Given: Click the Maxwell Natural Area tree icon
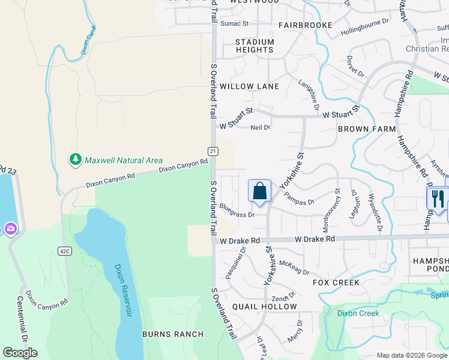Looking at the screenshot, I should point(75,160).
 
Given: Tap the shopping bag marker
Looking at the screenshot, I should point(259,191).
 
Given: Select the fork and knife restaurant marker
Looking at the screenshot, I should point(437,199).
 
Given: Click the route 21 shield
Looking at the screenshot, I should point(213,151).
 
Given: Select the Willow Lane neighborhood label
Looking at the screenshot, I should point(249,86).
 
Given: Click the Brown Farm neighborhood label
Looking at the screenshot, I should point(367,129).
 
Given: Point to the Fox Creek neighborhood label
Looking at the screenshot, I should point(336,282).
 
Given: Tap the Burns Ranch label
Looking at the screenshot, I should point(172,334).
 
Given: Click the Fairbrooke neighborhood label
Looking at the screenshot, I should point(305,26).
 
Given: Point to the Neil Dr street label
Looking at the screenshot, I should point(261,127).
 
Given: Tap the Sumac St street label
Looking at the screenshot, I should point(234,23).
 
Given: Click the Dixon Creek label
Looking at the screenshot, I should point(358,313).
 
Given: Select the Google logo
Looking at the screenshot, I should point(20,353).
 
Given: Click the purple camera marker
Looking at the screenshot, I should point(10,229).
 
